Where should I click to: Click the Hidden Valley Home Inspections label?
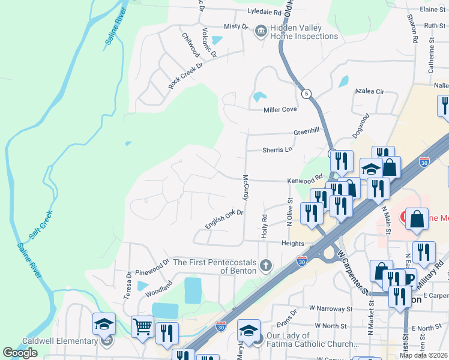304,32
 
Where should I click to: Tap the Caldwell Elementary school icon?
104,325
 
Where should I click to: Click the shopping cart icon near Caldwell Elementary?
143,328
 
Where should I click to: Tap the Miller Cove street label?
280,110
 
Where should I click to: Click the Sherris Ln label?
277,149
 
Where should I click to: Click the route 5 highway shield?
306,94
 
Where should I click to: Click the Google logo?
20,353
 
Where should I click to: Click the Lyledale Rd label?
265,12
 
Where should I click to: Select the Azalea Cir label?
369,91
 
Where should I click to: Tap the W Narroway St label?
331,309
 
